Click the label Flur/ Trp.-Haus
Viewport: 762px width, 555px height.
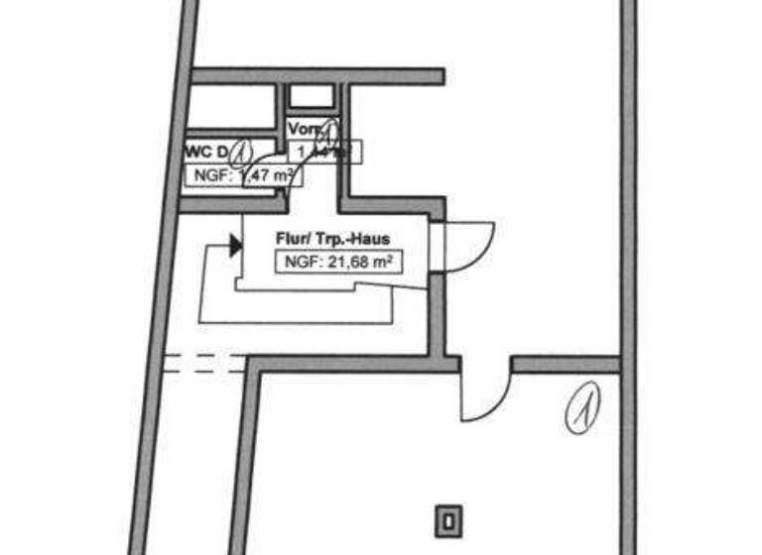click(x=331, y=239)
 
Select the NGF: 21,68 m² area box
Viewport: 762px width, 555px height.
click(x=337, y=263)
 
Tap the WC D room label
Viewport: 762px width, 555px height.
click(x=205, y=153)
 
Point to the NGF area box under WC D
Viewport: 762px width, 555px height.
click(x=243, y=176)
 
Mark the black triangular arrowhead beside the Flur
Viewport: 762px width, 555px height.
click(x=235, y=245)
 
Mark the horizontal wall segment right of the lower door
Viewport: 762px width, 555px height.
click(x=566, y=365)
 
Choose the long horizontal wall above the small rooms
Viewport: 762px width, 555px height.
click(x=317, y=76)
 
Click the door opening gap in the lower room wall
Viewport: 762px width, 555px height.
click(x=485, y=365)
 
